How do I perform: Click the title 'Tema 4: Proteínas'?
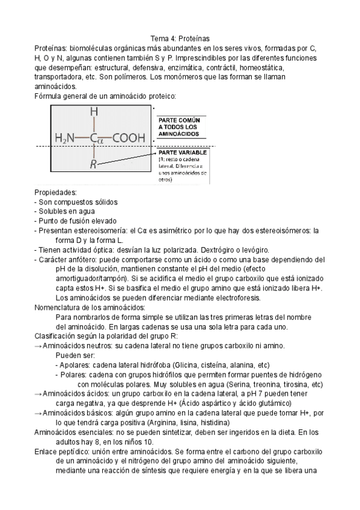180,37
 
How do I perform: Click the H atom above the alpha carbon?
94,112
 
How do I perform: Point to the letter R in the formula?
94,164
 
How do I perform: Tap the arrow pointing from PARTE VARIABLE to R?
129,159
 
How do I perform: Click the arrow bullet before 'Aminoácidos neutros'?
38,346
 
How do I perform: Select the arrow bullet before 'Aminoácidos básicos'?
38,413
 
